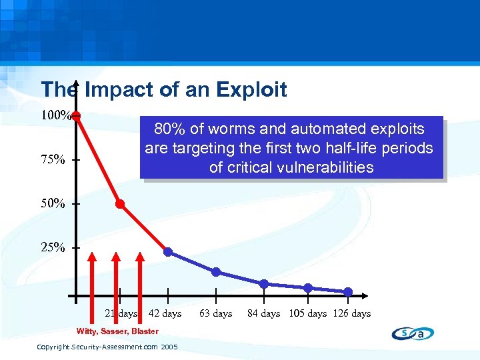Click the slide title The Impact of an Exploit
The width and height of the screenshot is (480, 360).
164,89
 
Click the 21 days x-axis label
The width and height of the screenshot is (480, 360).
121,313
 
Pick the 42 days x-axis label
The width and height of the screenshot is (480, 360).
165,313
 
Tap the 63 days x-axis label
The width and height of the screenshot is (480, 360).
216,313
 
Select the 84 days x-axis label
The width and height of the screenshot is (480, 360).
264,313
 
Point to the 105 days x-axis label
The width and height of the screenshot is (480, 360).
308,313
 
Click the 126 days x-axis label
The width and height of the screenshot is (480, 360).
352,313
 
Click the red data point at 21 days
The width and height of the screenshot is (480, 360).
120,204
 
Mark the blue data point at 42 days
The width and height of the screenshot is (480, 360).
168,252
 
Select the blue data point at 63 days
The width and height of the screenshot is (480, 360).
216,271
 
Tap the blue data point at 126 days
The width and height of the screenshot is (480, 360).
349,291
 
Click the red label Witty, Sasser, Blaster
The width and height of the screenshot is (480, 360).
117,331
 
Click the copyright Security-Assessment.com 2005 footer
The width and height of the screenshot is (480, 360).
107,347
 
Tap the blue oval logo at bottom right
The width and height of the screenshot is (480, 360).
413,333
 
